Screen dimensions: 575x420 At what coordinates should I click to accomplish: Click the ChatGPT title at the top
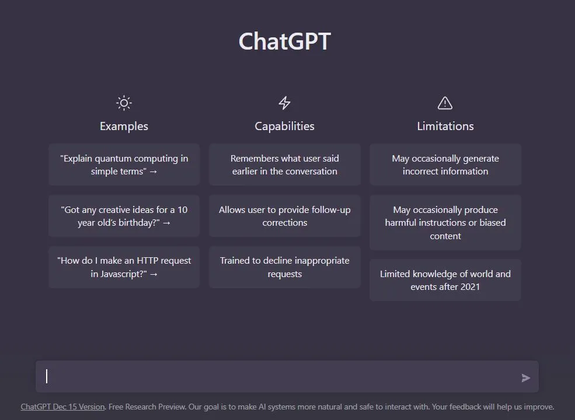pyautogui.click(x=284, y=41)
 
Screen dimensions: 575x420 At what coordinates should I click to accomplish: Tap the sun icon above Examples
pyautogui.click(x=124, y=103)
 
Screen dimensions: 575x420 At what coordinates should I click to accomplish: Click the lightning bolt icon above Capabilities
pyautogui.click(x=284, y=103)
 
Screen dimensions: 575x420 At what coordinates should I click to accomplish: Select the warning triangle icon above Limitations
pyautogui.click(x=445, y=103)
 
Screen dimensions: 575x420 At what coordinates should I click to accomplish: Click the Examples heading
pyautogui.click(x=124, y=126)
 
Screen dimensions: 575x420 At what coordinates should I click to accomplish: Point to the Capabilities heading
pyautogui.click(x=284, y=126)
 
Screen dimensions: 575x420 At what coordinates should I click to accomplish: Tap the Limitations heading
pyautogui.click(x=445, y=126)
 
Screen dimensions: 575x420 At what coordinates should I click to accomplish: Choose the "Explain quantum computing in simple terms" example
pyautogui.click(x=124, y=164)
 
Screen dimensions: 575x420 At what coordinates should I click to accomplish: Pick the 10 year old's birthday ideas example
pyautogui.click(x=124, y=216)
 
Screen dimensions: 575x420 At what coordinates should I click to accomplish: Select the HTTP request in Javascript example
pyautogui.click(x=124, y=267)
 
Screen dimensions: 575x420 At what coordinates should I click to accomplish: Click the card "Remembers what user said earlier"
pyautogui.click(x=284, y=164)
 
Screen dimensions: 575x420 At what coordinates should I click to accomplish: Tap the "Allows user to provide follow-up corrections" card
pyautogui.click(x=284, y=216)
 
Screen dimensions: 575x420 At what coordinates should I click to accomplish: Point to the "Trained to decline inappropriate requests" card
pyautogui.click(x=284, y=267)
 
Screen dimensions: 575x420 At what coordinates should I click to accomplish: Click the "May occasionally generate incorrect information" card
pyautogui.click(x=445, y=164)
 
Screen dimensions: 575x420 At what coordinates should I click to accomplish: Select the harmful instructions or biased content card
pyautogui.click(x=445, y=222)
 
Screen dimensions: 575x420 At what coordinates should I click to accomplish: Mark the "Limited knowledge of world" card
pyautogui.click(x=445, y=280)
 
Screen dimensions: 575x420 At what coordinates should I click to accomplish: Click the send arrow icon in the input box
pyautogui.click(x=526, y=378)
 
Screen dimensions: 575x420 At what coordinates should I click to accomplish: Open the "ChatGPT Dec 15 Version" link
pyautogui.click(x=62, y=407)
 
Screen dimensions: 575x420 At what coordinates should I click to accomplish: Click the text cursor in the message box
pyautogui.click(x=47, y=376)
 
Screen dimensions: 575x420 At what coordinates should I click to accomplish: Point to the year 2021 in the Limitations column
pyautogui.click(x=470, y=287)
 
